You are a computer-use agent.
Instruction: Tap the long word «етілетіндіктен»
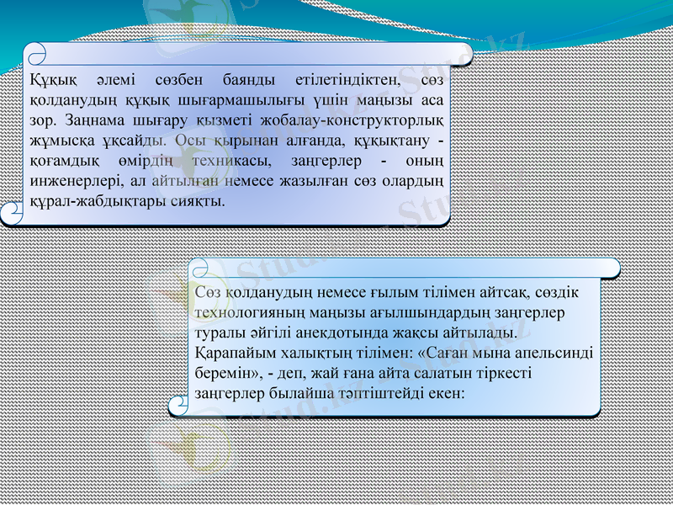(x=347, y=82)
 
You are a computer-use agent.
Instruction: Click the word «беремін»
(x=225, y=373)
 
